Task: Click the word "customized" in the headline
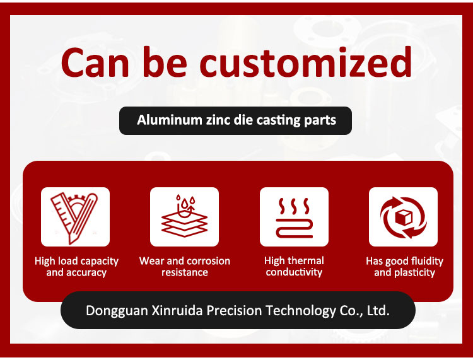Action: tap(306, 62)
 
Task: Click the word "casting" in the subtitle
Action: tap(278, 120)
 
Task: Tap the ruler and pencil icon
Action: tap(75, 217)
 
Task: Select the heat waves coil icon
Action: tap(294, 218)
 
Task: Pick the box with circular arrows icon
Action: tap(404, 217)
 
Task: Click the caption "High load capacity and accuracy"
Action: tap(76, 267)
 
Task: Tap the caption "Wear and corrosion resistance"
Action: tap(185, 267)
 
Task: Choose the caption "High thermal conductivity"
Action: tap(294, 266)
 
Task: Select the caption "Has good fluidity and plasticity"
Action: tap(404, 267)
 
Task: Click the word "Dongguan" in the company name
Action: tap(117, 311)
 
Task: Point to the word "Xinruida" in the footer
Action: tap(177, 311)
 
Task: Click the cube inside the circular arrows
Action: tap(404, 218)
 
